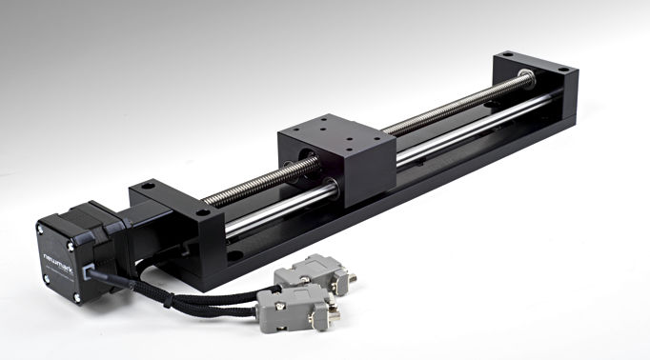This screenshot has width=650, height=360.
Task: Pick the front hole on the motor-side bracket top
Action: pos(202,212)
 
